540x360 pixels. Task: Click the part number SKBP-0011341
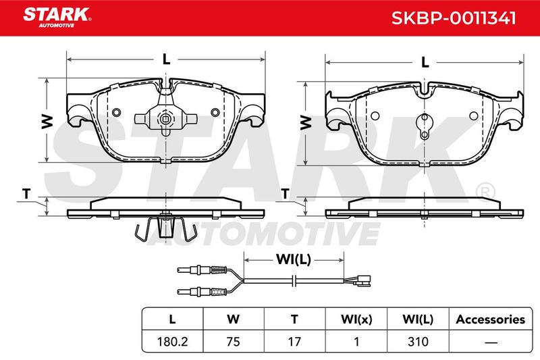pos(454,18)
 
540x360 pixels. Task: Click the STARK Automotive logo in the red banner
pos(57,18)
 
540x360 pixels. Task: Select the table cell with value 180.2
pos(172,341)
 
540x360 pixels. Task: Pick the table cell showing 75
pos(233,341)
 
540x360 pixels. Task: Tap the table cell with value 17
pos(294,341)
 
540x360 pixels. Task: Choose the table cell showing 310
pos(418,341)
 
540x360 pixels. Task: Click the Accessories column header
pos(491,319)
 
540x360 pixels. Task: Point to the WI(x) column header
pos(356,319)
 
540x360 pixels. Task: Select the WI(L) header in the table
pos(418,319)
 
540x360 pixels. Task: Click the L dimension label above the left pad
pos(166,59)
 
